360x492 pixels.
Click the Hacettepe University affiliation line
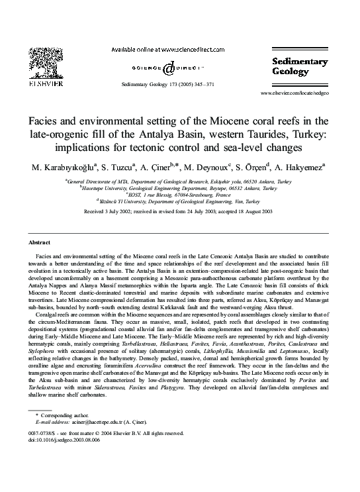click(x=179, y=188)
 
